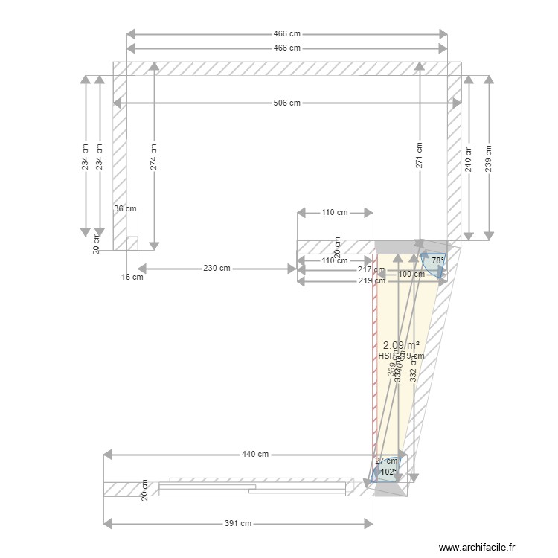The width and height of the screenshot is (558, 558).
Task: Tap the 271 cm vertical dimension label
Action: [420, 155]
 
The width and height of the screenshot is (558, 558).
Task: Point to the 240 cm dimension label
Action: [469, 157]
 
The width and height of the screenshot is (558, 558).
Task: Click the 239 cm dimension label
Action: [488, 157]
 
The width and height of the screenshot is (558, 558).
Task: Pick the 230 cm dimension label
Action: [217, 269]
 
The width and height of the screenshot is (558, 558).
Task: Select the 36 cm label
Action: [125, 209]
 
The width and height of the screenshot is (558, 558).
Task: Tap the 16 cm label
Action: [132, 278]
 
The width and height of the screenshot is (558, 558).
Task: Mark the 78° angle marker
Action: [438, 261]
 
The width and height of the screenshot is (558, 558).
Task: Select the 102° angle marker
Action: [388, 472]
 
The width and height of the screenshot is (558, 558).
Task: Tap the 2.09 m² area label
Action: [401, 345]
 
